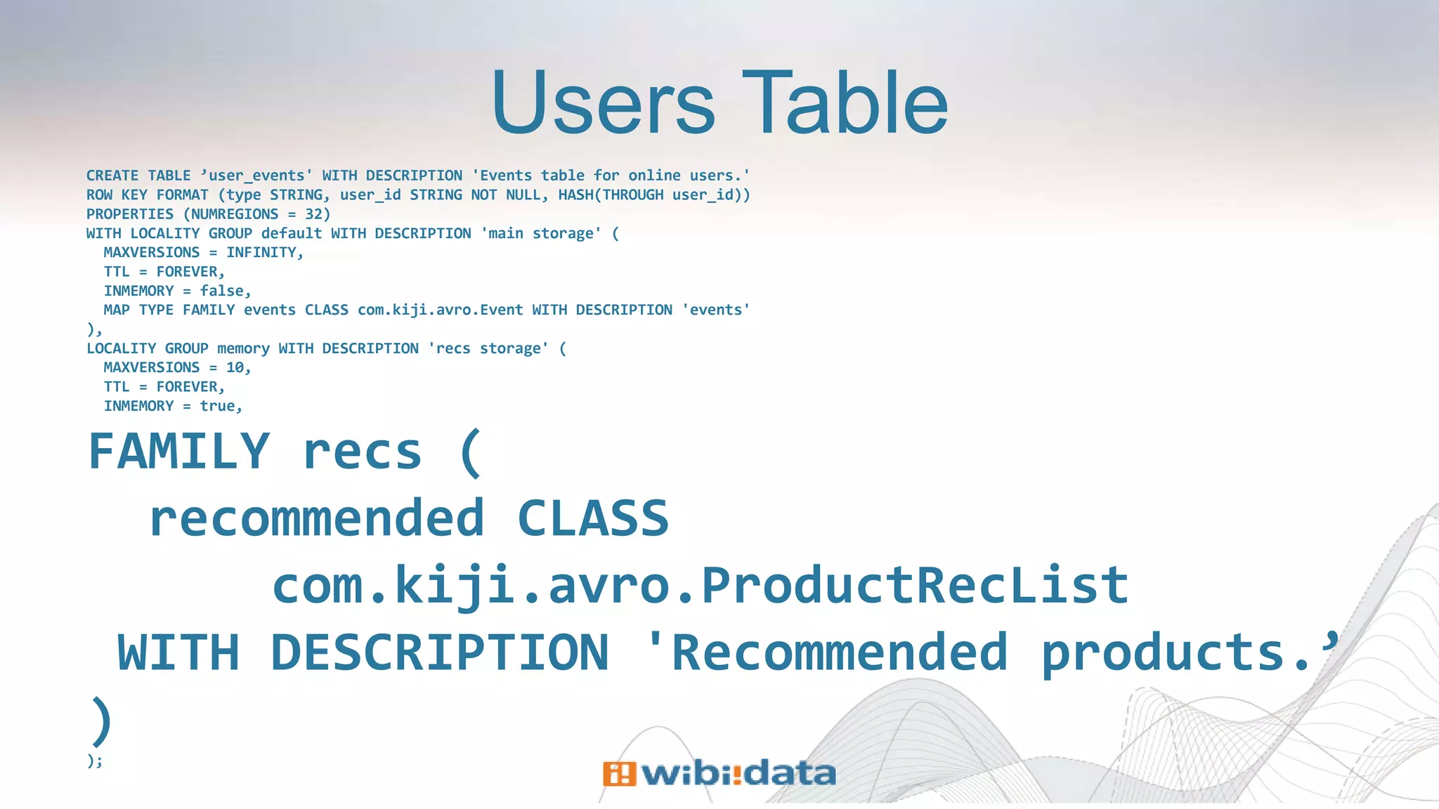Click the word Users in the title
tap(603, 104)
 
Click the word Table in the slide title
tap(845, 104)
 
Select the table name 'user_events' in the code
tap(256, 176)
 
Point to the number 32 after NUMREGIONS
tap(313, 214)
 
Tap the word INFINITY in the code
tap(261, 253)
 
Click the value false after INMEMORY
tap(222, 291)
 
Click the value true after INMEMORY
tap(218, 406)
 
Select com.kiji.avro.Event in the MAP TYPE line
tap(440, 310)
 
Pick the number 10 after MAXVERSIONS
tap(235, 367)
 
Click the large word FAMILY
tap(179, 452)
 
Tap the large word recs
tap(362, 452)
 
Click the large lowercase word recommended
tap(317, 518)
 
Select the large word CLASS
tap(592, 518)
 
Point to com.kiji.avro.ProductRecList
tap(700, 585)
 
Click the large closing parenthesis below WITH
tap(101, 721)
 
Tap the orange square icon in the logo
tap(618, 774)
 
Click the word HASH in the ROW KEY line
tap(575, 195)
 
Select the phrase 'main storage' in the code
tap(541, 233)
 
